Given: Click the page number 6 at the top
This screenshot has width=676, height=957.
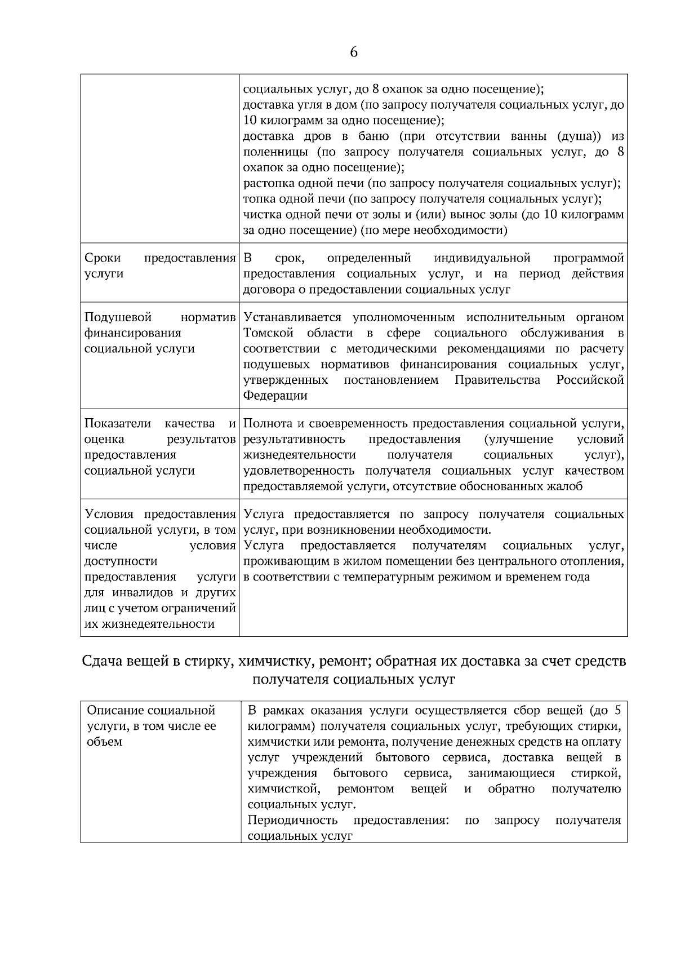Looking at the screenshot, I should (354, 52).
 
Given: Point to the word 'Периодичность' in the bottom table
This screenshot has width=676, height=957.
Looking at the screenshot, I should (292, 820).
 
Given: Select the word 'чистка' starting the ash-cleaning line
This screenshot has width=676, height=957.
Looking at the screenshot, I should (260, 215).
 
